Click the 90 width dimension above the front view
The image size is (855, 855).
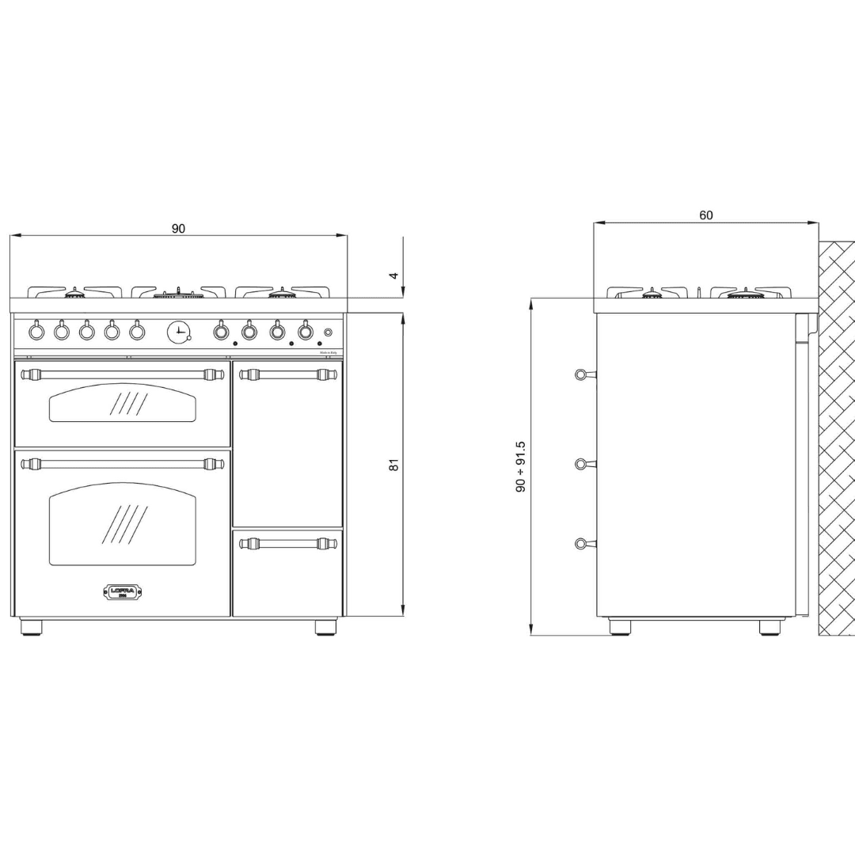179,229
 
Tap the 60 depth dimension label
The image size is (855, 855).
706,215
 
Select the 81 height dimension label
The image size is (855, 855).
393,465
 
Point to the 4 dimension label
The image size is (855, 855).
393,275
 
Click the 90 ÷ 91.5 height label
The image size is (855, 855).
521,468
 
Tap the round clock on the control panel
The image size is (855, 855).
179,332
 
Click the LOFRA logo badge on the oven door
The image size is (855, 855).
123,591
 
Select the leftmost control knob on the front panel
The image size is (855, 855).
36,332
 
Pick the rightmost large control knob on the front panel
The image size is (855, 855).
305,332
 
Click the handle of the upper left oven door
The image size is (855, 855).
123,374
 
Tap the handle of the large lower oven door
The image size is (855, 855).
123,464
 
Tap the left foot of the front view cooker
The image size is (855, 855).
32,627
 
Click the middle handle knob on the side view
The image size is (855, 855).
582,464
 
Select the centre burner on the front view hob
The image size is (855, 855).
179,294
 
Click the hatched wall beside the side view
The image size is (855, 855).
837,435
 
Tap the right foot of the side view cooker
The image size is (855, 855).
771,627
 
